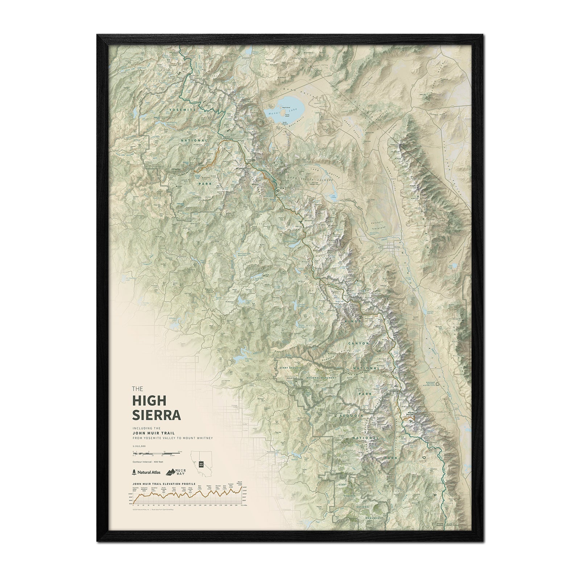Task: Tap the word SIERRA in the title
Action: pyautogui.click(x=157, y=414)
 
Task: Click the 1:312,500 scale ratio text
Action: pyautogui.click(x=139, y=446)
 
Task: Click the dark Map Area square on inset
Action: pyautogui.click(x=201, y=464)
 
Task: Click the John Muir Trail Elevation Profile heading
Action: pyautogui.click(x=164, y=484)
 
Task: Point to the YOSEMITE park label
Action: pyautogui.click(x=184, y=109)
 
